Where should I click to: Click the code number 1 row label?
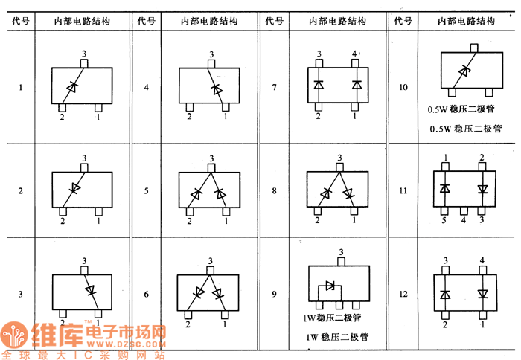point(20,88)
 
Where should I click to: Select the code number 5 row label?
point(146,191)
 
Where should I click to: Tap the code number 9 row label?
point(274,295)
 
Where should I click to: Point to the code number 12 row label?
point(403,295)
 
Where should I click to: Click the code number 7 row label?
point(274,88)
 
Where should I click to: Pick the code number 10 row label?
point(403,88)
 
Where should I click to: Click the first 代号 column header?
point(20,22)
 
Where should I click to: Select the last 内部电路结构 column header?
point(467,22)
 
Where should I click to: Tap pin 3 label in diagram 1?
point(84,54)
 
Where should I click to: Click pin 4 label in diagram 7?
point(354,54)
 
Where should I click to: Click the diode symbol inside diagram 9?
point(330,286)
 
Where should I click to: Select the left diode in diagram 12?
point(445,294)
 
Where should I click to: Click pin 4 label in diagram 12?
point(483,260)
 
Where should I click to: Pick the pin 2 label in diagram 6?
point(188,324)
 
